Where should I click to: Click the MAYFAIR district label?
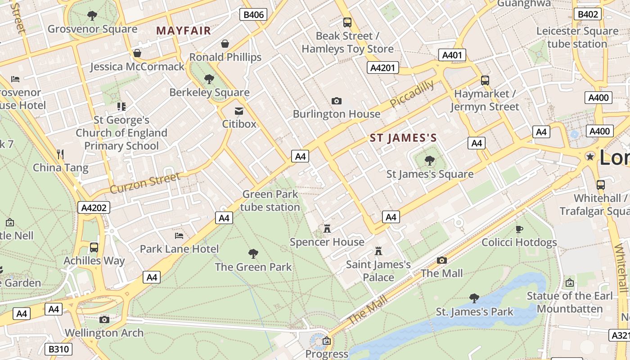click(x=184, y=31)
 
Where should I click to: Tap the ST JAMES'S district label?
click(x=403, y=138)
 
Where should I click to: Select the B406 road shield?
click(x=253, y=15)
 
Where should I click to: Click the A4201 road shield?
click(x=383, y=68)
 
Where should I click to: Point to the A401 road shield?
click(x=452, y=55)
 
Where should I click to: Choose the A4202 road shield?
click(x=94, y=207)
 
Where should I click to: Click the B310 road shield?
click(x=58, y=349)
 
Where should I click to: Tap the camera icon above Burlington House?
click(x=336, y=101)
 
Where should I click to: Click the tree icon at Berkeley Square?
click(x=209, y=79)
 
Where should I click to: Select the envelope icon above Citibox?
click(x=239, y=111)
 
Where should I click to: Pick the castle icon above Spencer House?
click(x=327, y=229)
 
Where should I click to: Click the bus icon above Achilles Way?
click(x=94, y=247)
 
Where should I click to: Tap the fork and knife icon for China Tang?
click(x=61, y=154)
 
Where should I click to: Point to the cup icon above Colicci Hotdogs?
click(x=519, y=229)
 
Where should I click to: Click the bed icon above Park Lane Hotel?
click(x=179, y=235)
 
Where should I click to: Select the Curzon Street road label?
click(x=145, y=183)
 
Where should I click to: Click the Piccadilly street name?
click(x=412, y=94)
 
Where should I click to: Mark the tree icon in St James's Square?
click(x=430, y=160)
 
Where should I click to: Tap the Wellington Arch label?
click(x=104, y=333)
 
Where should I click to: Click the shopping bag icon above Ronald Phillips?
click(x=225, y=44)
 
